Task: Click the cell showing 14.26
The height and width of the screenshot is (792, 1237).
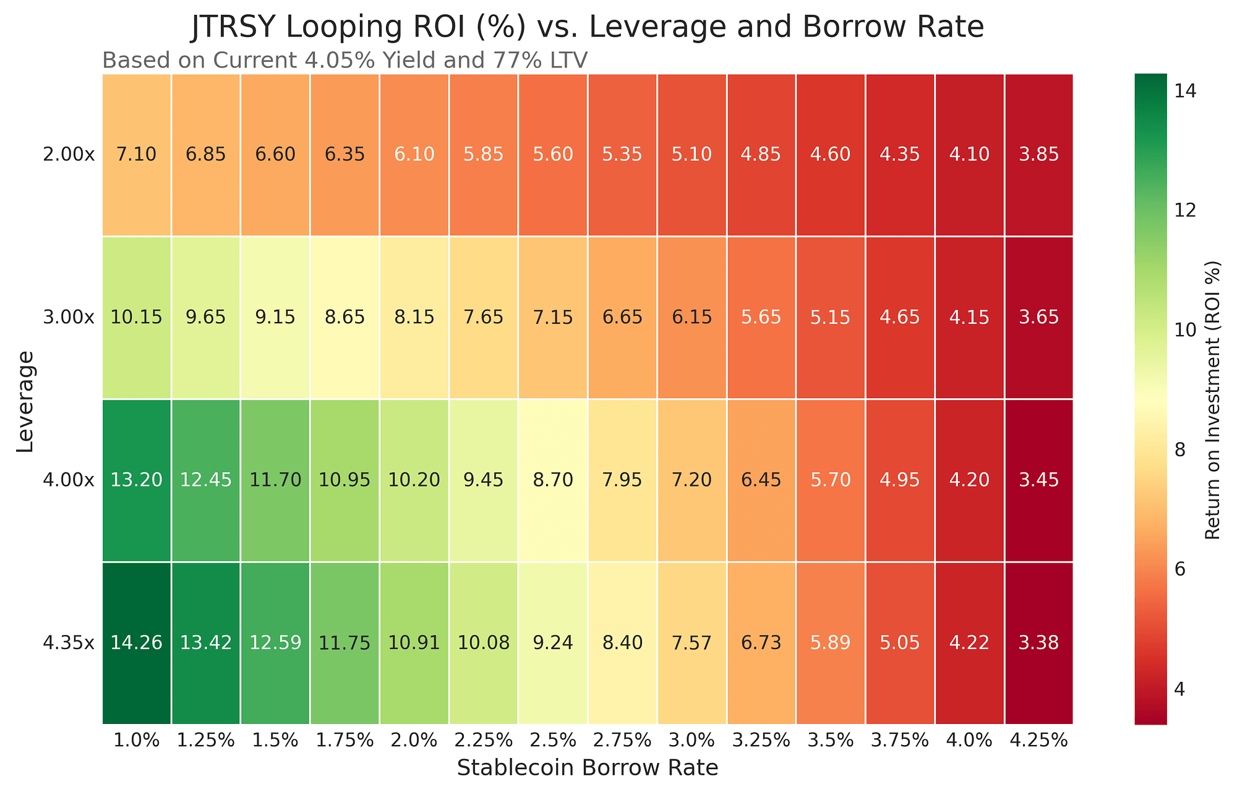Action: (x=137, y=643)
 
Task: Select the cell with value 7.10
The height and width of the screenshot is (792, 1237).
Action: (x=137, y=155)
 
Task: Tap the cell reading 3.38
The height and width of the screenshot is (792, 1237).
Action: (x=1039, y=643)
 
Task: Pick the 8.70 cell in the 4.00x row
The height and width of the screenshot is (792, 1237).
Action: (x=553, y=480)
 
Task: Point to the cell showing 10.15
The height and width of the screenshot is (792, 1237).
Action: (x=137, y=317)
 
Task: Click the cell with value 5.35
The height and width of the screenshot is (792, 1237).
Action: (x=622, y=155)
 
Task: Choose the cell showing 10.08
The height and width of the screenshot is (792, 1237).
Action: (x=484, y=643)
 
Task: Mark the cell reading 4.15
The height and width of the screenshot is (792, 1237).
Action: (x=970, y=317)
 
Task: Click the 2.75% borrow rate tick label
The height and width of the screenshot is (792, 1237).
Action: (x=622, y=740)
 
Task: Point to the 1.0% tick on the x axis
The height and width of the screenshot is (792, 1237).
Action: (x=137, y=740)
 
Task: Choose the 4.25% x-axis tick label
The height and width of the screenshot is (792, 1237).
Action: (x=1039, y=740)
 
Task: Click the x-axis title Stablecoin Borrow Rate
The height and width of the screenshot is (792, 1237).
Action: (x=588, y=768)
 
